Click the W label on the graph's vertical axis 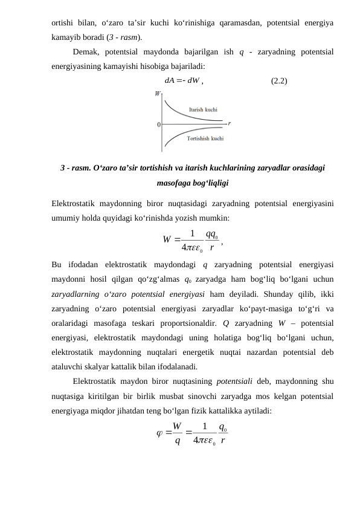pyautogui.click(x=158, y=94)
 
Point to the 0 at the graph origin pyautogui.click(x=158, y=125)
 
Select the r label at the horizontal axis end pyautogui.click(x=230, y=123)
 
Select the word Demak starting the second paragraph pyautogui.click(x=85, y=51)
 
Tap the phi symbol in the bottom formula pyautogui.click(x=159, y=433)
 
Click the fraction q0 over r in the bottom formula pyautogui.click(x=223, y=433)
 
